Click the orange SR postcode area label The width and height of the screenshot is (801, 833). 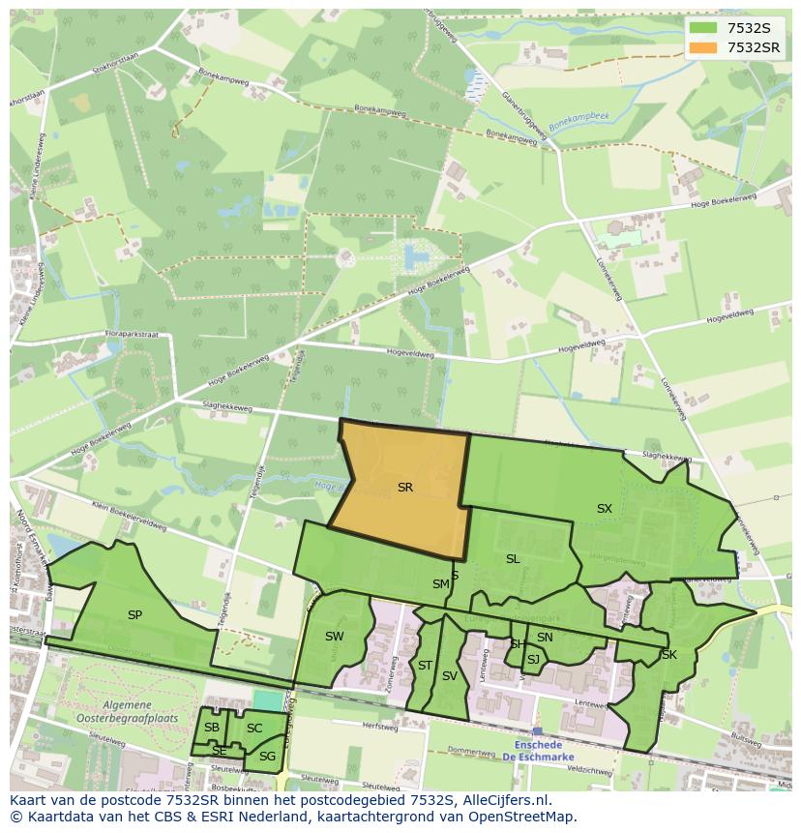pyautogui.click(x=405, y=488)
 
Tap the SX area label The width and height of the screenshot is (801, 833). pyautogui.click(x=604, y=508)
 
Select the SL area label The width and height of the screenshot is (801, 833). pyautogui.click(x=513, y=558)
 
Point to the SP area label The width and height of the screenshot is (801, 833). pyautogui.click(x=134, y=614)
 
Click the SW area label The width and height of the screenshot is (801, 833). pyautogui.click(x=334, y=636)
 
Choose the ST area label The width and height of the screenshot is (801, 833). pyautogui.click(x=425, y=665)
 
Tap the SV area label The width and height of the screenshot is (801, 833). pyautogui.click(x=449, y=676)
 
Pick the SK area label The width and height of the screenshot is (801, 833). pyautogui.click(x=668, y=655)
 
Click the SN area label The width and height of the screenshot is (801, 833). pyautogui.click(x=545, y=637)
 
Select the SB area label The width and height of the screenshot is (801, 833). pyautogui.click(x=212, y=728)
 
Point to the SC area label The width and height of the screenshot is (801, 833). pyautogui.click(x=254, y=728)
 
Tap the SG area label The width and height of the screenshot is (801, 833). pyautogui.click(x=267, y=756)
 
